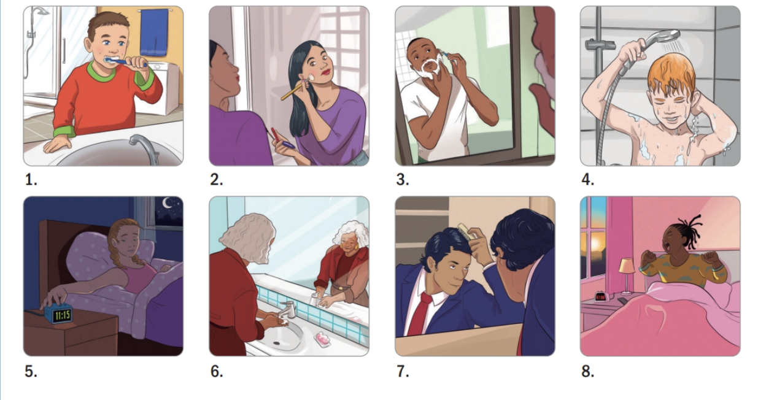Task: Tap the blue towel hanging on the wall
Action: pyautogui.click(x=154, y=33)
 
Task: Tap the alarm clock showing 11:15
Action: pyautogui.click(x=59, y=313)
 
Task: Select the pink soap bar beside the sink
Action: pyautogui.click(x=322, y=339)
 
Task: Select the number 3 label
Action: pyautogui.click(x=403, y=180)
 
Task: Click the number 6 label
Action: pyautogui.click(x=217, y=371)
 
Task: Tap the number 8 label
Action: pyautogui.click(x=587, y=371)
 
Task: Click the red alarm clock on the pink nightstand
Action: pyautogui.click(x=600, y=297)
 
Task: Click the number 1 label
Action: pyautogui.click(x=31, y=180)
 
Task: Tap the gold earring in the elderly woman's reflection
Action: pyautogui.click(x=344, y=247)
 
